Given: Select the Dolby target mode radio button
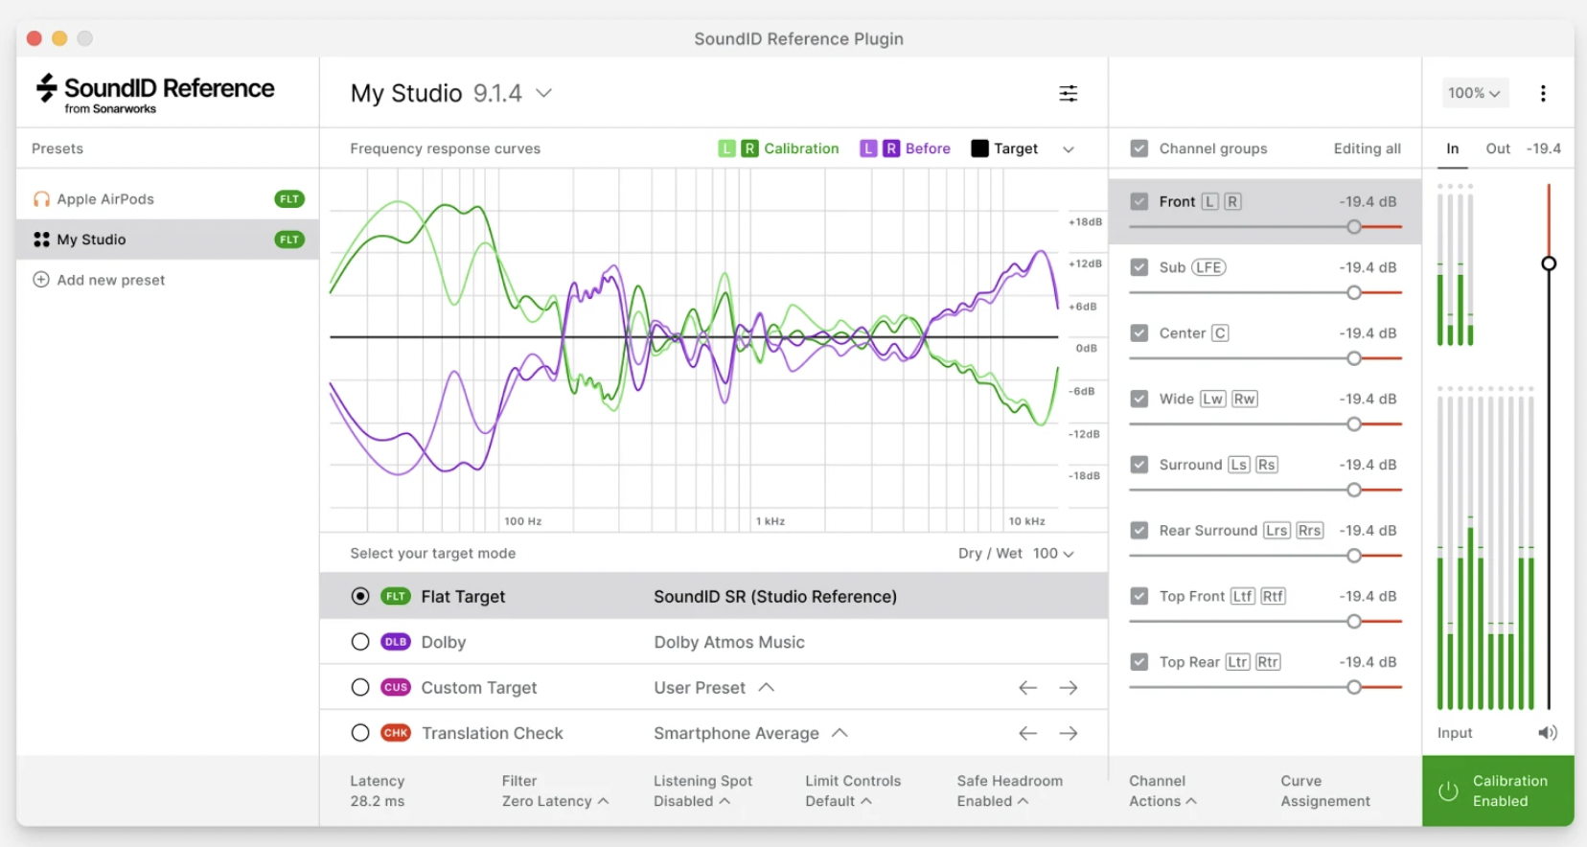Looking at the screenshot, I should click(360, 642).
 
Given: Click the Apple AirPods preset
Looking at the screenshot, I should click(105, 199).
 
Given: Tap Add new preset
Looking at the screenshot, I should click(110, 280).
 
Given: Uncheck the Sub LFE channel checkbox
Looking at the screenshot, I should click(1138, 267).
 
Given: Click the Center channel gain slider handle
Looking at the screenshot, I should click(1353, 358).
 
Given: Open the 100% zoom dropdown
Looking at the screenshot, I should click(1474, 93).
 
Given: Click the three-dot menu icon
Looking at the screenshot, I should click(1543, 93).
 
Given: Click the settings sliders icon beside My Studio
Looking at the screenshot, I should click(1068, 93).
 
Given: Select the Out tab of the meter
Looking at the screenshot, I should click(1497, 149).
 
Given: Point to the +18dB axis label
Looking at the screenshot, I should click(1085, 222).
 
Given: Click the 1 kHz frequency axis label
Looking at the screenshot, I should click(770, 521).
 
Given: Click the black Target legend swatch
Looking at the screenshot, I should click(979, 149).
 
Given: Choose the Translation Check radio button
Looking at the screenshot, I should click(360, 733).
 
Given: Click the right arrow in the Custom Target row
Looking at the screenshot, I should click(1068, 688).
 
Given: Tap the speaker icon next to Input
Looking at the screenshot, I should click(1547, 733).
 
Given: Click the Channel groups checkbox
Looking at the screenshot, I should click(1138, 149).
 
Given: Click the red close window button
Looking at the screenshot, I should click(34, 38).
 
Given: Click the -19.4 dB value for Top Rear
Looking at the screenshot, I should click(1368, 662).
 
